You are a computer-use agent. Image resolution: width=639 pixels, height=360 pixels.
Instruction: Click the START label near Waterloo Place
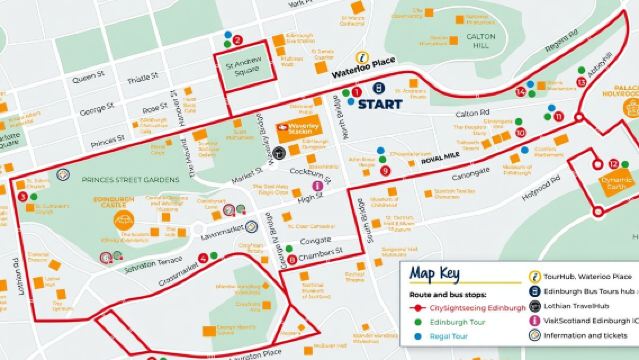(380, 103)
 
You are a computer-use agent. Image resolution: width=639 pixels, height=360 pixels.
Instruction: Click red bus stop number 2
(238, 41)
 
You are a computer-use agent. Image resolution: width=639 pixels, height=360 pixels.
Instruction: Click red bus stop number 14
(520, 92)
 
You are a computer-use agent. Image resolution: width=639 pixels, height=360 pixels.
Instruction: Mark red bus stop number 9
(385, 170)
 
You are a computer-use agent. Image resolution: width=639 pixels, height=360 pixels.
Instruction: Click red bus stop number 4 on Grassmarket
(203, 258)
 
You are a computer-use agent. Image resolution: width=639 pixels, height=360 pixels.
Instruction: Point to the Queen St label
(87, 76)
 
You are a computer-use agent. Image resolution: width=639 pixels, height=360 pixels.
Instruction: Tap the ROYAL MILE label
(439, 159)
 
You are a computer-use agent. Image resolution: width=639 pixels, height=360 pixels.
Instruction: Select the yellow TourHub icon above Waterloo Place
(365, 57)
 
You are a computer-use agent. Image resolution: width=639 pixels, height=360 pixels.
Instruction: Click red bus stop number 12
(613, 163)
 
